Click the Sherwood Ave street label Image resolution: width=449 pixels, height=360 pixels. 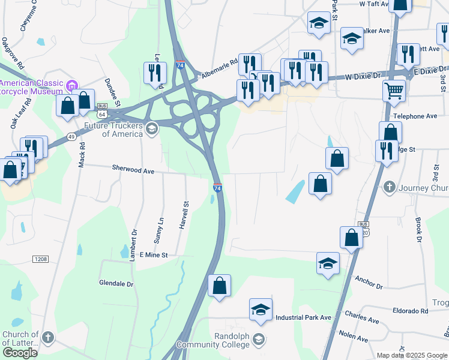133,170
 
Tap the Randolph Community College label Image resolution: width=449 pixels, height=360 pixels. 221,340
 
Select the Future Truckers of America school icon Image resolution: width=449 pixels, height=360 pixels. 152,127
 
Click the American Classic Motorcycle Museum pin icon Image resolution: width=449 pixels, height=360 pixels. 73,84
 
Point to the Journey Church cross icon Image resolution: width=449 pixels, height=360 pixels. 390,187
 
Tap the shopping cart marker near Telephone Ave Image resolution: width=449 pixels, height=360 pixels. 394,91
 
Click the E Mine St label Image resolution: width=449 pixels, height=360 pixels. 153,255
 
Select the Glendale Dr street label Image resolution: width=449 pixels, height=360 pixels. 116,283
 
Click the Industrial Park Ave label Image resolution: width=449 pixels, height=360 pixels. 303,317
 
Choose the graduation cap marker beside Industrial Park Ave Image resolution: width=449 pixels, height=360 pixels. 261,310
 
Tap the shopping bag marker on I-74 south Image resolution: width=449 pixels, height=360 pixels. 220,285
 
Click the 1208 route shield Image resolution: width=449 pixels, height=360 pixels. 41,259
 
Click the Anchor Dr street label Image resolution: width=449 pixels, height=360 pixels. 369,282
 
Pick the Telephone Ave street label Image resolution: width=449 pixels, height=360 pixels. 415,116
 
